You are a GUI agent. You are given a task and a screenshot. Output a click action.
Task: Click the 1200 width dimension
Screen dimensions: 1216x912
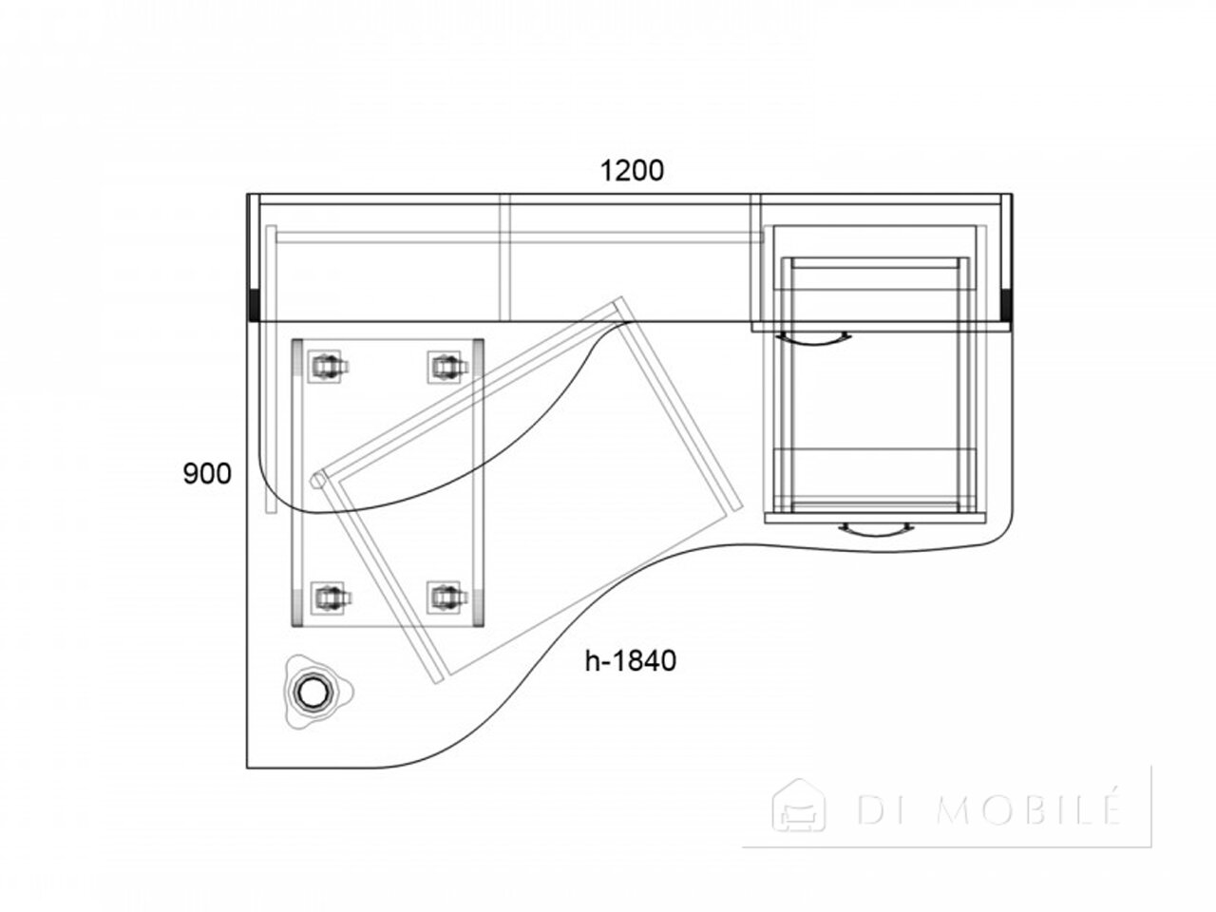632,171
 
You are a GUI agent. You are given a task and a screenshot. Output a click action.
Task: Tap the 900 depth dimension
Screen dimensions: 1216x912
207,474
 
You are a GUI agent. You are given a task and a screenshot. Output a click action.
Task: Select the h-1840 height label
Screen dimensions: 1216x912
631,660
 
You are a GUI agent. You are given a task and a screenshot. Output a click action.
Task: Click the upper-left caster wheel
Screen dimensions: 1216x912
327,366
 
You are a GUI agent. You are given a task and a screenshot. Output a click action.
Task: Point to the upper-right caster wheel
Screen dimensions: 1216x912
447,366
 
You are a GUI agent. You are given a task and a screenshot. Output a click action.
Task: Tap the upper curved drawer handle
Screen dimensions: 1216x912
813,338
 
